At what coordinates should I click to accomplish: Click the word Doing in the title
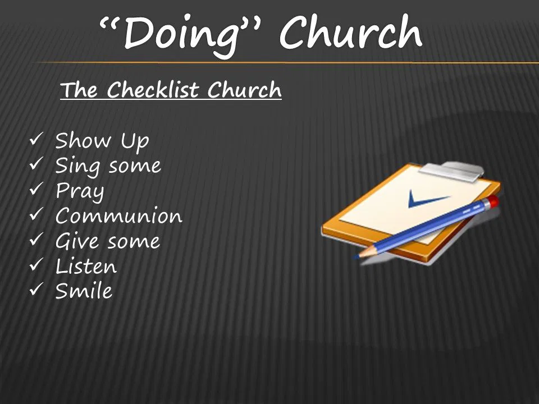pyautogui.click(x=181, y=35)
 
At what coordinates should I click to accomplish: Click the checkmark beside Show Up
pyautogui.click(x=36, y=139)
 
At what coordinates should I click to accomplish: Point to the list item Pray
pyautogui.click(x=80, y=191)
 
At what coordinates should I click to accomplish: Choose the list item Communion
pyautogui.click(x=119, y=215)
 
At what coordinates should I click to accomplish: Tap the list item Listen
pyautogui.click(x=86, y=266)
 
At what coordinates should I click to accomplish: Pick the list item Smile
pyautogui.click(x=84, y=291)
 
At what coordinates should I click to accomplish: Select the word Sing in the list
pyautogui.click(x=77, y=166)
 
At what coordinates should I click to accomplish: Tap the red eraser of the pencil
pyautogui.click(x=494, y=201)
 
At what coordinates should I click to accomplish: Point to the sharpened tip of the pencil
pyautogui.click(x=356, y=256)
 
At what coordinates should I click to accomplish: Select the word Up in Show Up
pyautogui.click(x=135, y=141)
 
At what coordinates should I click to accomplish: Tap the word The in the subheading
pyautogui.click(x=79, y=90)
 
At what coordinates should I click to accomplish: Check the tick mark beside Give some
pyautogui.click(x=36, y=239)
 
